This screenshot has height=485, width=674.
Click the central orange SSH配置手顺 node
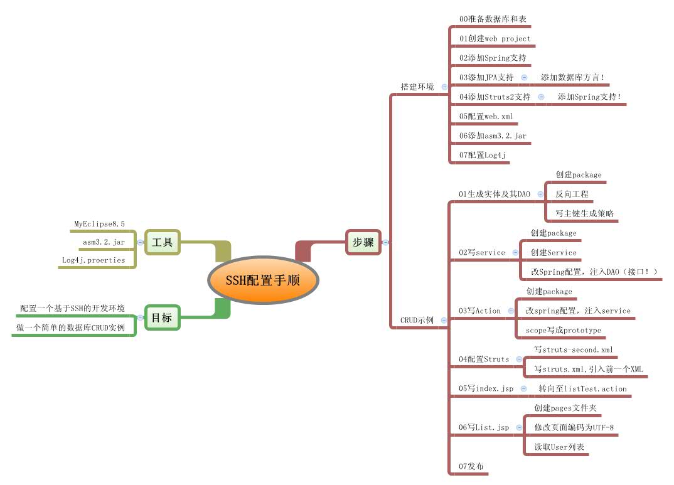pyautogui.click(x=263, y=280)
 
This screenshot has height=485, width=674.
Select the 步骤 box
pyautogui.click(x=363, y=242)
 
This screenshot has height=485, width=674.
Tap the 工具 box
pyautogui.click(x=162, y=242)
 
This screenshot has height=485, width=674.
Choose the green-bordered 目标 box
pyautogui.click(x=161, y=317)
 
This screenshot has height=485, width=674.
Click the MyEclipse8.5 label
pyautogui.click(x=99, y=223)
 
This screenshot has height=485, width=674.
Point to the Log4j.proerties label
pyautogui.click(x=93, y=260)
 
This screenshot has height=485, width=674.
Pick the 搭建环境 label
pyautogui.click(x=417, y=87)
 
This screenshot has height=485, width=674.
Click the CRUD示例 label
pyautogui.click(x=417, y=320)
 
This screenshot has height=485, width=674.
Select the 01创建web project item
pyautogui.click(x=495, y=38)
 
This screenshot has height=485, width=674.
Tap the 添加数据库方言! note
pyautogui.click(x=572, y=77)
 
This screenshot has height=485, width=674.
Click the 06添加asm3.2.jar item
pyautogui.click(x=493, y=136)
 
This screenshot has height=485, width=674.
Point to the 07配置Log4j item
pyautogui.click(x=482, y=154)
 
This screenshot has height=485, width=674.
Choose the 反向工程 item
pyautogui.click(x=572, y=194)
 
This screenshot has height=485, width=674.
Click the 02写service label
pyautogui.click(x=481, y=252)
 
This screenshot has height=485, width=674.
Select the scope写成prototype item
pyautogui.click(x=563, y=330)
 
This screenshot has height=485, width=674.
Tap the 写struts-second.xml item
pyautogui.click(x=573, y=349)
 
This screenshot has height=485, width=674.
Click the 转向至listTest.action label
pyautogui.click(x=582, y=388)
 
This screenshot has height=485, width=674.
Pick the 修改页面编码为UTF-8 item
pyautogui.click(x=574, y=427)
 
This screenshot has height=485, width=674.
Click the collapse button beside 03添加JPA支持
pyautogui.click(x=524, y=77)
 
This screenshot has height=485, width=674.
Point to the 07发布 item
pyautogui.click(x=471, y=466)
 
